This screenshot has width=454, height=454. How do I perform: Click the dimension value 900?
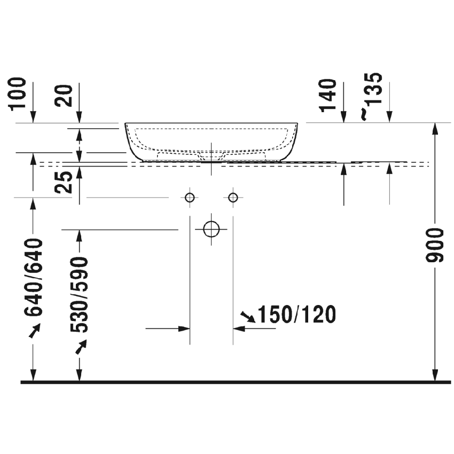tap(437, 246)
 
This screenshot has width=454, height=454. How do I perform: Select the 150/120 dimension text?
tap(297, 315)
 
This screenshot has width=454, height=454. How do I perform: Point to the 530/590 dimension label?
tap(80, 295)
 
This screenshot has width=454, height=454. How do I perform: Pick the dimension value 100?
tap(19, 93)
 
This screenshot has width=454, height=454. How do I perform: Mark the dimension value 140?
tap(329, 96)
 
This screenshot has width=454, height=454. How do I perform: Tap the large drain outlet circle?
tap(212, 229)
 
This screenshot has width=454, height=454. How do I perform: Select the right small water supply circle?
tap(233, 198)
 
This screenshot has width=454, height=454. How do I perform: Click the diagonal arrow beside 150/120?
tap(247, 317)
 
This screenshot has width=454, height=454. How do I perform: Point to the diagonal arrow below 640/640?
tap(34, 331)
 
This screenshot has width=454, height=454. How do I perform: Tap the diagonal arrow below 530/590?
tap(80, 348)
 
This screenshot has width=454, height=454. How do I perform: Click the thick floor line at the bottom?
tap(235, 382)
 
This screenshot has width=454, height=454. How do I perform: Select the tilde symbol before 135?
tap(364, 114)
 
